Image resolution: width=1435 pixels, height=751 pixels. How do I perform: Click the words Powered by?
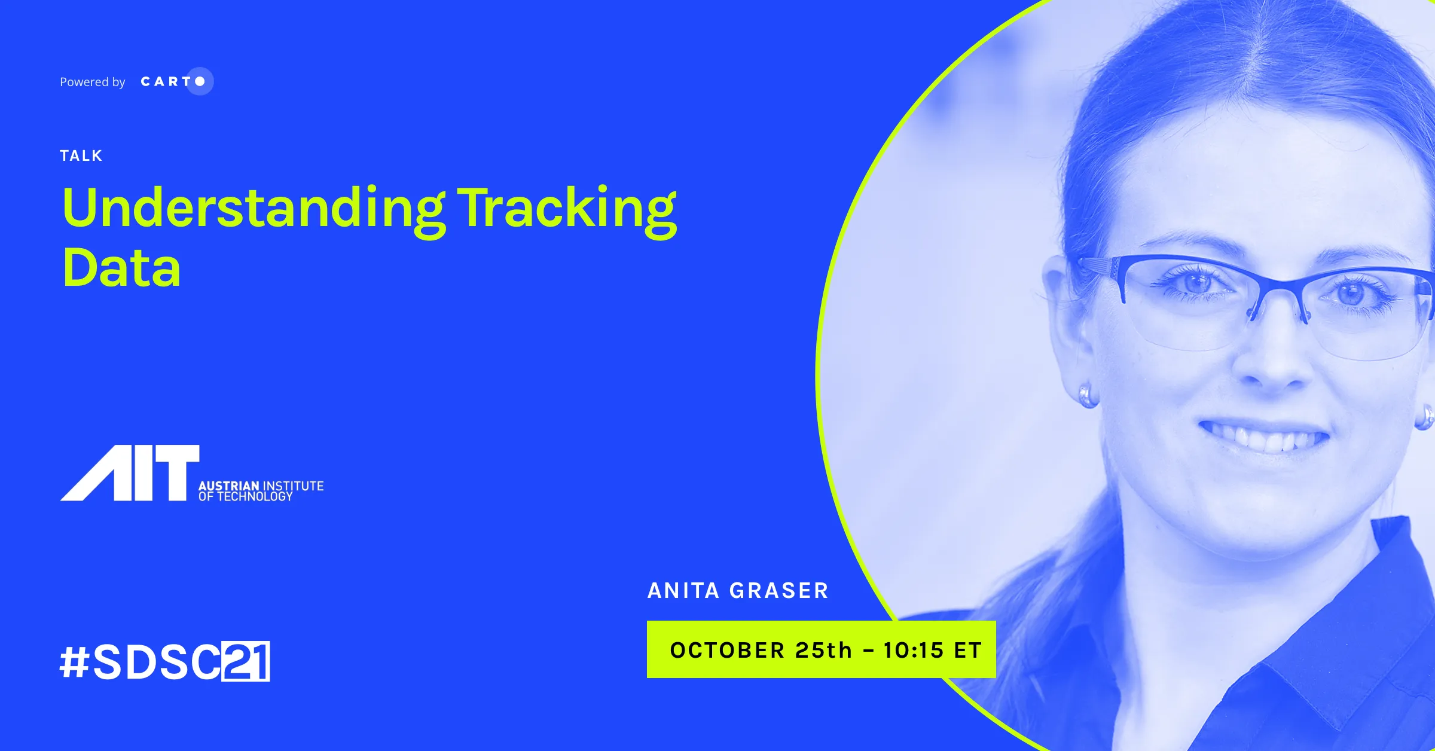tap(93, 82)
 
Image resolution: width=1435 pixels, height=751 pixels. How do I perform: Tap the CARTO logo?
tap(177, 81)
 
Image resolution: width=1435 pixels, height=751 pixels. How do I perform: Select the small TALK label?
tap(81, 156)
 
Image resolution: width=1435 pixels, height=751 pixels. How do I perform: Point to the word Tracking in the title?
tap(567, 211)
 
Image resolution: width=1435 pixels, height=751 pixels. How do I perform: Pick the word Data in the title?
tap(121, 267)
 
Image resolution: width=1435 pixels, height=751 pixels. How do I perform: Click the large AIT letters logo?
tap(130, 473)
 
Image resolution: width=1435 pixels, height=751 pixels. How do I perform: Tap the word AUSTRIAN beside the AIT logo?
tap(228, 486)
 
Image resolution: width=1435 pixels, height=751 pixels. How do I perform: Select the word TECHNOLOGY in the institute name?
tap(255, 496)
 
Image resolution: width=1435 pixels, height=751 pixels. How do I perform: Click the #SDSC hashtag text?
tap(141, 662)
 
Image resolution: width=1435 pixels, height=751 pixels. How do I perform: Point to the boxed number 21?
tap(246, 661)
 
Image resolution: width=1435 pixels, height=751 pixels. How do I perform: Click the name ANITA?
tap(683, 591)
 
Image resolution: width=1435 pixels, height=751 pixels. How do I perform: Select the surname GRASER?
tap(779, 591)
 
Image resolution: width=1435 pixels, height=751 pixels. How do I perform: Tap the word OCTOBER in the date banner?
tap(727, 650)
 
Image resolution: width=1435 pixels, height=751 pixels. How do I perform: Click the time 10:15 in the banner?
tap(914, 650)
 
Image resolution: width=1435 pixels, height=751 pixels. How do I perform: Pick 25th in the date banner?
tap(823, 650)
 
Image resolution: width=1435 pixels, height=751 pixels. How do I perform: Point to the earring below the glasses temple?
tap(1088, 395)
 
